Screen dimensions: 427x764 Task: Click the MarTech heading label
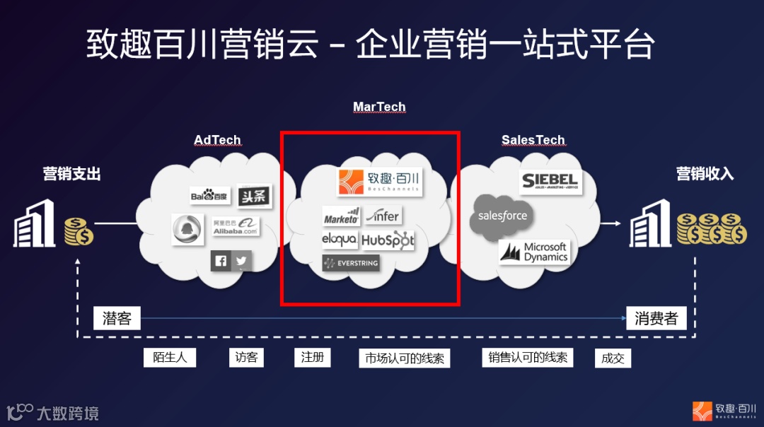click(379, 107)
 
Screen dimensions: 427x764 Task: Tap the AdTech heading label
click(217, 140)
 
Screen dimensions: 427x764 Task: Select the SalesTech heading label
click(533, 140)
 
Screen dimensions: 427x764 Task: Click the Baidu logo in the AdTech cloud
click(209, 195)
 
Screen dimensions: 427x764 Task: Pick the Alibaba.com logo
click(236, 226)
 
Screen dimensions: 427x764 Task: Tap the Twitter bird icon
click(241, 261)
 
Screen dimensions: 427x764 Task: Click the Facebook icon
click(221, 261)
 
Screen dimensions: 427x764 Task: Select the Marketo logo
click(341, 216)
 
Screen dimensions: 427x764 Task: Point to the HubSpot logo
click(388, 240)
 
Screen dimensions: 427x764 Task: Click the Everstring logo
click(351, 263)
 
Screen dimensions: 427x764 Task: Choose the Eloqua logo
click(340, 240)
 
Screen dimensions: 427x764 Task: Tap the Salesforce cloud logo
click(502, 216)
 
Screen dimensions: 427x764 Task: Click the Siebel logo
click(550, 181)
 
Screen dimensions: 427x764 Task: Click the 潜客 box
click(117, 318)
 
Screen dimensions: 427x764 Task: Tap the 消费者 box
click(656, 318)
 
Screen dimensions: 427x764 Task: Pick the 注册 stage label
click(312, 357)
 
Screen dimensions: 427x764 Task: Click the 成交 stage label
click(613, 358)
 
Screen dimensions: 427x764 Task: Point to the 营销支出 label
click(71, 174)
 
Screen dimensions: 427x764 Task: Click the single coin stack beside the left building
click(79, 232)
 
